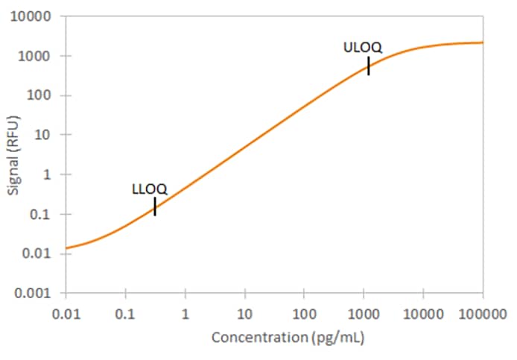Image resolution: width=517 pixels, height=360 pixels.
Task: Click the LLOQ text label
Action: click(150, 189)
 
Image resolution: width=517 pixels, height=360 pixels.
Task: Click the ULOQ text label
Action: click(363, 48)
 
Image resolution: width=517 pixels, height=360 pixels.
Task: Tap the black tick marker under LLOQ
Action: click(155, 206)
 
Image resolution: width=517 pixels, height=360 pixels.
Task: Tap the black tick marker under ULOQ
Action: click(368, 66)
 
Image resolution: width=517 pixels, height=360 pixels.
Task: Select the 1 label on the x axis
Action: click(185, 311)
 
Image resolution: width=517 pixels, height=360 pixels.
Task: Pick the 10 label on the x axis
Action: click(244, 311)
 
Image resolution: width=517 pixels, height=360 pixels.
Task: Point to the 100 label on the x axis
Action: click(304, 311)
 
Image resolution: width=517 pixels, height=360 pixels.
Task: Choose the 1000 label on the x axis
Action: click(363, 311)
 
